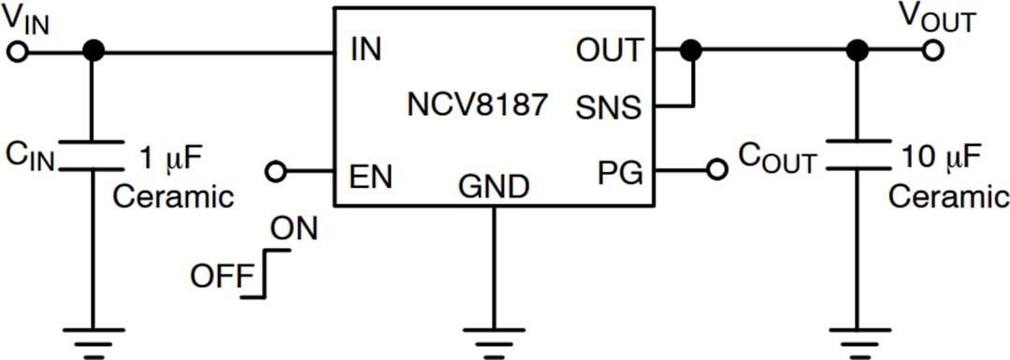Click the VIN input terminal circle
[x=17, y=52]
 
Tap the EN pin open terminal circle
[x=276, y=171]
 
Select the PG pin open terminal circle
[x=716, y=171]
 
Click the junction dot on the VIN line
[x=92, y=51]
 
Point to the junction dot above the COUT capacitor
[x=854, y=51]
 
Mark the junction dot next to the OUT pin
[x=690, y=51]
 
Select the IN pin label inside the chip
[x=366, y=50]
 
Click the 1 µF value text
[x=172, y=155]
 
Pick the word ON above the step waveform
[x=293, y=227]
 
